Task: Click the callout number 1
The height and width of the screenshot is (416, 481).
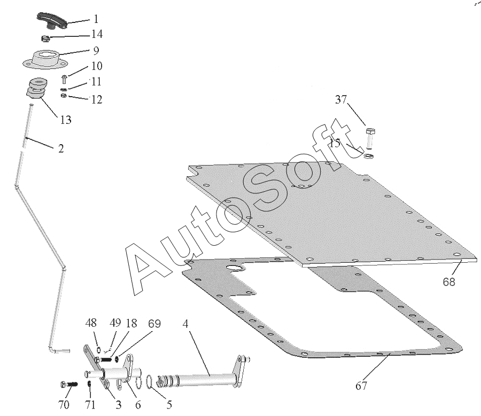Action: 96,19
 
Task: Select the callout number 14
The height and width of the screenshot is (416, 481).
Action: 97,34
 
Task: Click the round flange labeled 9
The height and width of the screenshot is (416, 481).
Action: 45,58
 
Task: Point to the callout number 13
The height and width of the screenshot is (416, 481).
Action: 65,120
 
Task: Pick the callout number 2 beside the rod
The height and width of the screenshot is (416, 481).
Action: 61,149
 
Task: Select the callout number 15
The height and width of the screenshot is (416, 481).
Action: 335,143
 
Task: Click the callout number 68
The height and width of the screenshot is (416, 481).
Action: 449,281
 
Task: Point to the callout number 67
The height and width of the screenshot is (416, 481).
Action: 362,385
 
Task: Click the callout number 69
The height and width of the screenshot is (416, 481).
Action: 154,324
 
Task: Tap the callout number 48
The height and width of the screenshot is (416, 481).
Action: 91,324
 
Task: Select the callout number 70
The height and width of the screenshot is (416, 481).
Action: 64,404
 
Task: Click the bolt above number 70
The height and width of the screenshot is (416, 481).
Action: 67,384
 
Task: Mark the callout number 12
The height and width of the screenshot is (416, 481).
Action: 97,99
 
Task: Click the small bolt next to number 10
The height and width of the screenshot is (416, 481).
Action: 64,79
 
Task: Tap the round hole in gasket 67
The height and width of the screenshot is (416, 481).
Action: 234,268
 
